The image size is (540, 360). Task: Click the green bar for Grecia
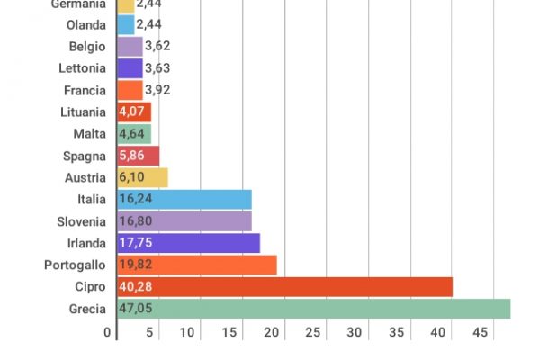315,309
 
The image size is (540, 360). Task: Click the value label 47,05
136,309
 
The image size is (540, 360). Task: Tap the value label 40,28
136,287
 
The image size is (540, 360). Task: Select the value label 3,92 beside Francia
157,90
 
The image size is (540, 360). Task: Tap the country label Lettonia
84,68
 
